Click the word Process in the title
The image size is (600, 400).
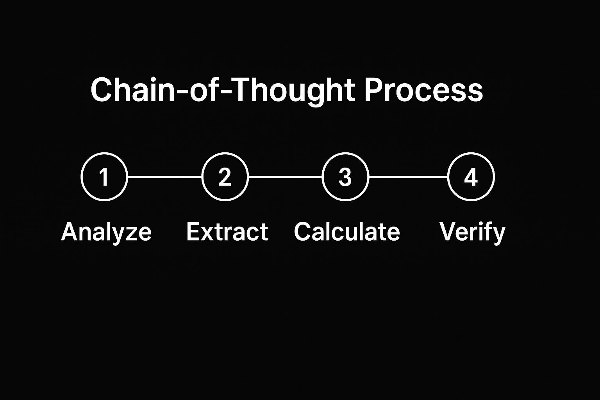click(x=424, y=90)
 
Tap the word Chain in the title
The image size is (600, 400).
click(x=133, y=90)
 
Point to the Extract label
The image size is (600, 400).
click(x=227, y=232)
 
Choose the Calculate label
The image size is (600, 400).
click(x=347, y=232)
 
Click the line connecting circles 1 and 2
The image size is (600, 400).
click(x=164, y=177)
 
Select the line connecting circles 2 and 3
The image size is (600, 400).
click(x=285, y=177)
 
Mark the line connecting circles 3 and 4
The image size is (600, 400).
click(x=408, y=177)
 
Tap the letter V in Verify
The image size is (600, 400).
click(x=449, y=232)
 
